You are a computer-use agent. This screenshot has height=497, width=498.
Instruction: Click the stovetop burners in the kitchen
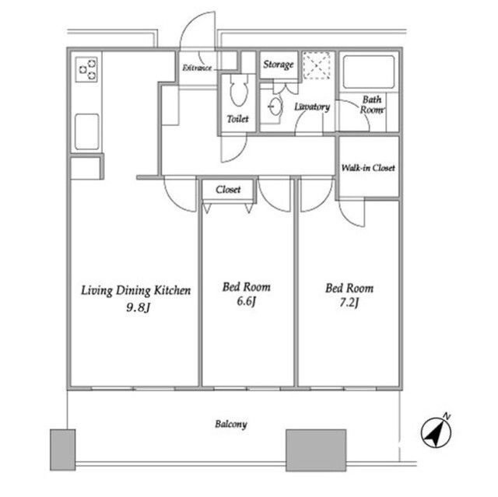(86, 69)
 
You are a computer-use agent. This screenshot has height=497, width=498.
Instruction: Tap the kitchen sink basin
(86, 131)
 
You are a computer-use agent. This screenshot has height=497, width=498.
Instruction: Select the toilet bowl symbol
(239, 91)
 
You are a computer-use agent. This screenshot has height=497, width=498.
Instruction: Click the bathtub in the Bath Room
(369, 72)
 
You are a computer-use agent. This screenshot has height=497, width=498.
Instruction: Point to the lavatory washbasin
(275, 107)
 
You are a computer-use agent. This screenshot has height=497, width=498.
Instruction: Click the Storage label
(279, 65)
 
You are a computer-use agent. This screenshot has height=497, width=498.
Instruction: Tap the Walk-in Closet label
(368, 167)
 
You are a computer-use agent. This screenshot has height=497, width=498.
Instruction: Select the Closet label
(228, 190)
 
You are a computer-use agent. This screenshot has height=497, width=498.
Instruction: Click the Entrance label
(197, 68)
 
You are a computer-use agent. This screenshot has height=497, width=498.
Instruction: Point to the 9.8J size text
(138, 307)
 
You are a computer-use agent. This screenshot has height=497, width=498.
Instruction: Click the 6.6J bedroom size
(246, 301)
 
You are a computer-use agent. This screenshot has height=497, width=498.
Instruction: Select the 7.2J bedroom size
(349, 303)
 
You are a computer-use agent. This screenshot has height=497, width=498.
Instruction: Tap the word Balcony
(231, 424)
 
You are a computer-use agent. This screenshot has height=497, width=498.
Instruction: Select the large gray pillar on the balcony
(316, 450)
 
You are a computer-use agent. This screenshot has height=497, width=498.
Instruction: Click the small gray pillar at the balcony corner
(62, 450)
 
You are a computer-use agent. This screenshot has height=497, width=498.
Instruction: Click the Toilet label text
(237, 119)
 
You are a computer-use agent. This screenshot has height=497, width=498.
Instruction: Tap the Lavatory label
(312, 107)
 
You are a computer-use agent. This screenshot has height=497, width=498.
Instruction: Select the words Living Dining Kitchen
(136, 290)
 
